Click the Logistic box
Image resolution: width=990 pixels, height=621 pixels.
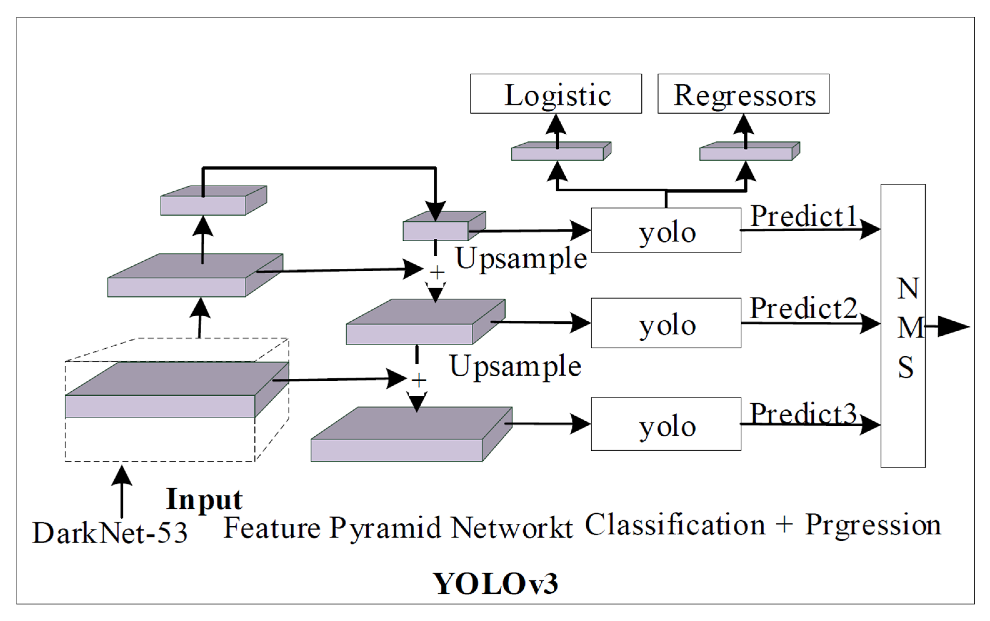click(556, 94)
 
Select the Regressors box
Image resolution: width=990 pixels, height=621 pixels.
click(743, 94)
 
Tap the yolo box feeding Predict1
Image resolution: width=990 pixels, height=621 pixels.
click(666, 230)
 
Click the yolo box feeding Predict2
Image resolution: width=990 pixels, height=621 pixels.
click(666, 323)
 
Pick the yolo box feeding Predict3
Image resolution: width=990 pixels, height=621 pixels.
click(666, 424)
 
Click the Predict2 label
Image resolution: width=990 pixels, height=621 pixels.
click(803, 308)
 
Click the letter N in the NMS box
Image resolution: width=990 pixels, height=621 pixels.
click(907, 289)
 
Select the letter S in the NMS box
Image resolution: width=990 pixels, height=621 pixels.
click(905, 367)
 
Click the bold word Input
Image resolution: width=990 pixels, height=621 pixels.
click(204, 499)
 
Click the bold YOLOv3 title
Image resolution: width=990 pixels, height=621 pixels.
click(496, 583)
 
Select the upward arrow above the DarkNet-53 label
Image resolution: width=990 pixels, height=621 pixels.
click(122, 491)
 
